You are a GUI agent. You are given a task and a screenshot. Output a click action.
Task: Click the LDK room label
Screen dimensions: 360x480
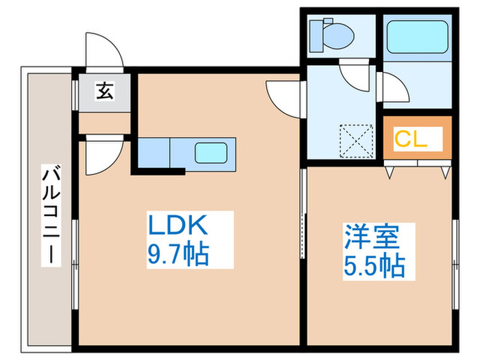pyautogui.click(x=176, y=227)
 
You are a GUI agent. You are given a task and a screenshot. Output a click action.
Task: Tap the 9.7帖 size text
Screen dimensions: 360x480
pyautogui.click(x=177, y=256)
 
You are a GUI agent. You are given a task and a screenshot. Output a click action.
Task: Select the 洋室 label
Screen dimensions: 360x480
pyautogui.click(x=370, y=237)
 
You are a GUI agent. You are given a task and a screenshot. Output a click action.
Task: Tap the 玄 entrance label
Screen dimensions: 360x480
pyautogui.click(x=104, y=91)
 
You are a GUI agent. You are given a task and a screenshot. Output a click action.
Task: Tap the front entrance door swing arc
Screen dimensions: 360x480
pyautogui.click(x=103, y=50)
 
